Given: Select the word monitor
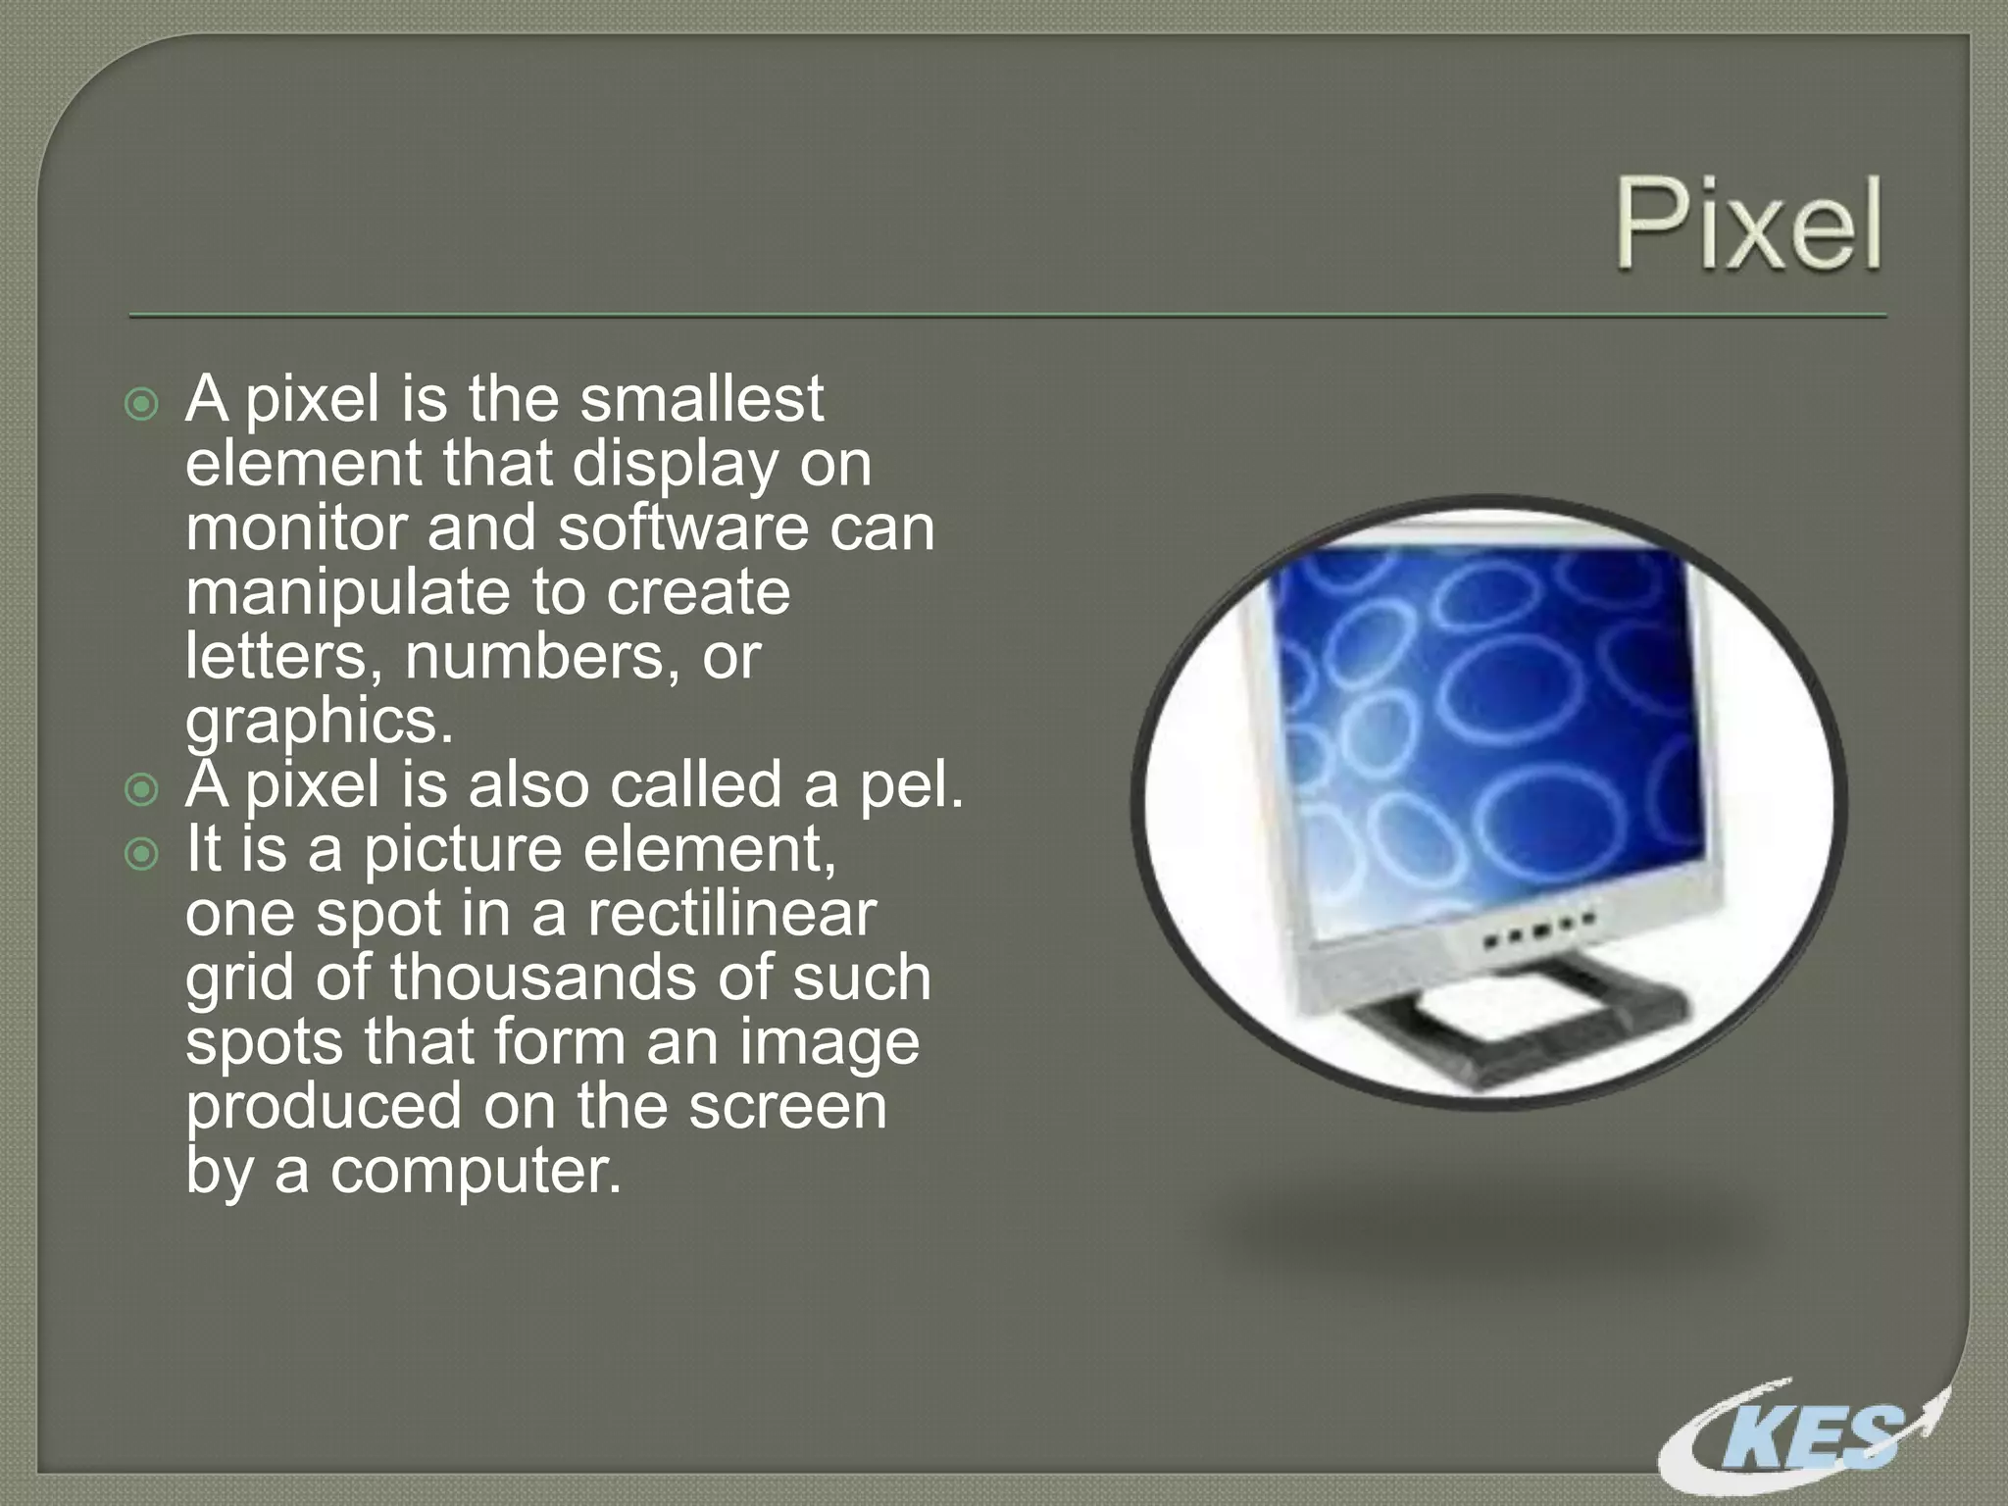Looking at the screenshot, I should (295, 527).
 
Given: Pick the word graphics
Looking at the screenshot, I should (319, 722).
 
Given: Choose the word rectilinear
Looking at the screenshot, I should (730, 914).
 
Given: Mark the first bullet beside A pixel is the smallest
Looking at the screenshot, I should (142, 404).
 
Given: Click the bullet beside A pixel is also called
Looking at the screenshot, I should (142, 789).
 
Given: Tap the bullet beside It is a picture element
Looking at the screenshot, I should (142, 854).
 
